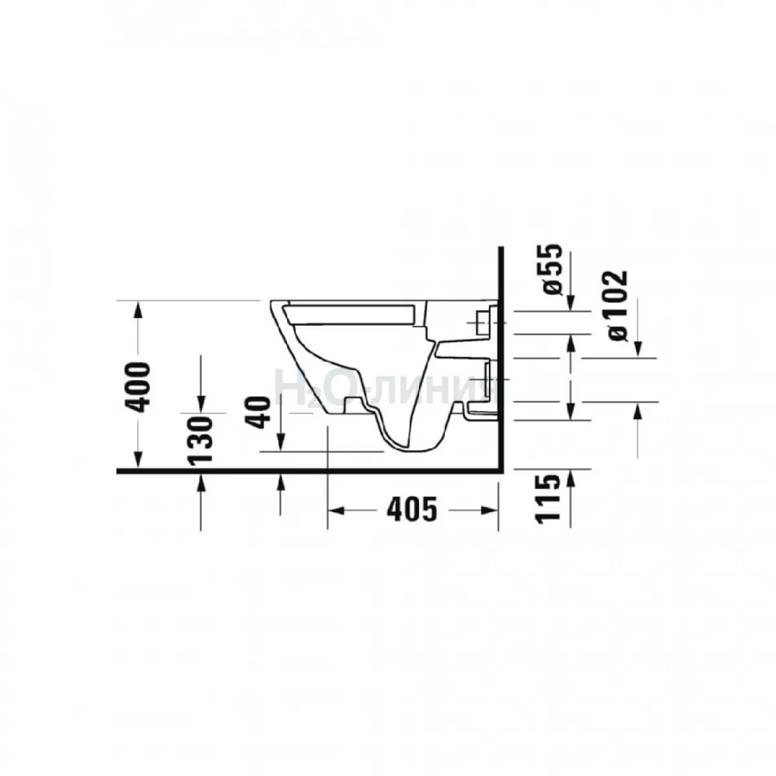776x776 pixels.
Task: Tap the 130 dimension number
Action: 200,440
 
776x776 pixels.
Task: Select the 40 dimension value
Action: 258,413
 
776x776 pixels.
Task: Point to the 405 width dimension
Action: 411,511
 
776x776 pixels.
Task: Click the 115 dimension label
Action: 548,499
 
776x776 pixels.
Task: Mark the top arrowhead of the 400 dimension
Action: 138,310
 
